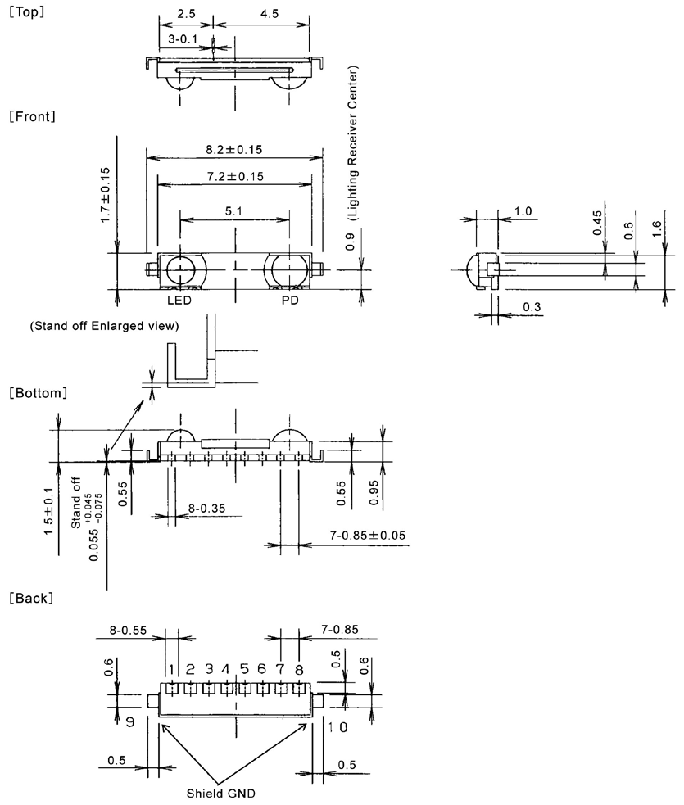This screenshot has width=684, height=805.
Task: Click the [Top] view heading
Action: pos(27,11)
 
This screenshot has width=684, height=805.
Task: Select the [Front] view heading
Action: pos(32,116)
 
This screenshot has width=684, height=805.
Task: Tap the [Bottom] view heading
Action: pos(38,393)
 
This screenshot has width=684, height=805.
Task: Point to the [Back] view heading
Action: pos(31,598)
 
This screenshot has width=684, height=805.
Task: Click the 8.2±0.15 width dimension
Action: pos(234,149)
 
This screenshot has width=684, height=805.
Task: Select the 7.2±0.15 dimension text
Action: pos(235,176)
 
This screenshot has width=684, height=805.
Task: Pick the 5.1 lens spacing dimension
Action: pos(233,211)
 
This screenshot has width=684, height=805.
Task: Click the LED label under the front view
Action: pos(179,301)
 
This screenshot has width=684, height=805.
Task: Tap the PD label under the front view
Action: pos(290,301)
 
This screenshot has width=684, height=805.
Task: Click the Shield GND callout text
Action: pos(221,794)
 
